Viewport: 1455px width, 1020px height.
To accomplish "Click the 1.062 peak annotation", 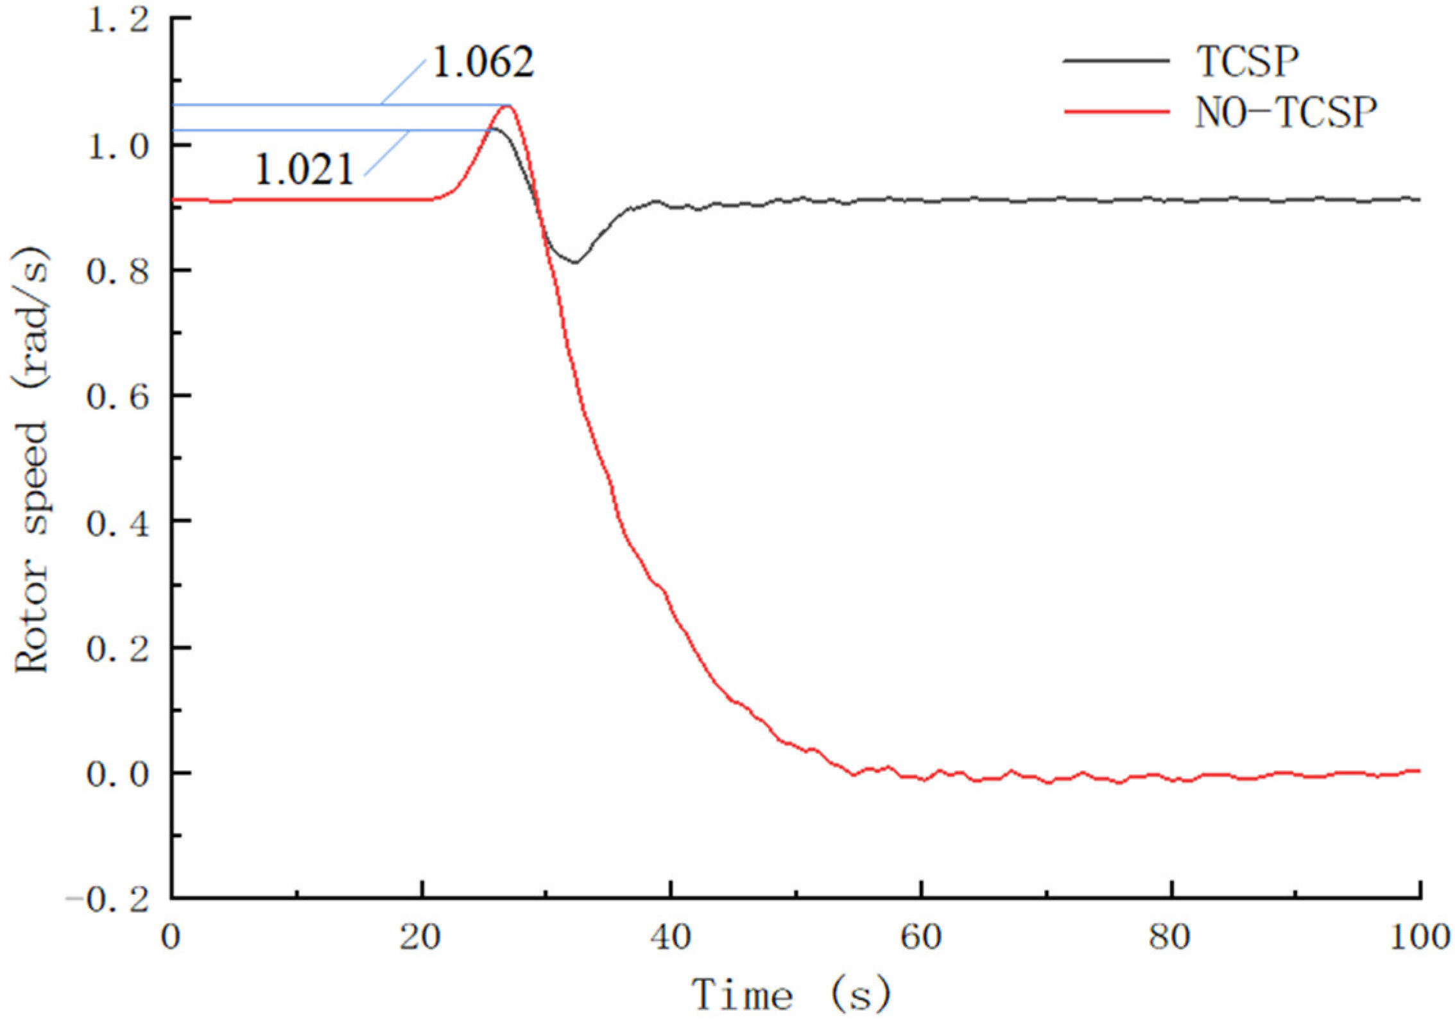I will [x=483, y=63].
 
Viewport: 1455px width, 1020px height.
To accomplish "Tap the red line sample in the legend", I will [x=1116, y=112].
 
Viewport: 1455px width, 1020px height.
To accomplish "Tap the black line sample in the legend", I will [x=1116, y=61].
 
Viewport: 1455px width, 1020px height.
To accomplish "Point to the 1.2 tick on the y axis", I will [x=118, y=21].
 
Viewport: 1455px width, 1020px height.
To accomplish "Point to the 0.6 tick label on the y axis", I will [x=118, y=396].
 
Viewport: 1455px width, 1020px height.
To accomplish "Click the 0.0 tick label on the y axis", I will [x=118, y=774].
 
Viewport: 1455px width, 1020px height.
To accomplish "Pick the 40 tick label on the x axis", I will [x=671, y=938].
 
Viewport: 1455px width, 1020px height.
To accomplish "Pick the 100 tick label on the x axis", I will [x=1420, y=938].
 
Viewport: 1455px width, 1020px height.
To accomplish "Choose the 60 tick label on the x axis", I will [x=921, y=938].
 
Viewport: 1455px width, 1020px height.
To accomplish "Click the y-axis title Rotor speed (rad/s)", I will [x=32, y=461].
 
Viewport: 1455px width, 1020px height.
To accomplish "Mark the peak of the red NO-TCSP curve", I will [x=507, y=106].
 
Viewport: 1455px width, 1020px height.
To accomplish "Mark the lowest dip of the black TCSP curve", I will [x=576, y=262].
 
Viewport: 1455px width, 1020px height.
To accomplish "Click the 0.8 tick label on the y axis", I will [x=118, y=271].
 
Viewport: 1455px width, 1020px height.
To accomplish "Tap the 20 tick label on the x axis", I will [x=420, y=938].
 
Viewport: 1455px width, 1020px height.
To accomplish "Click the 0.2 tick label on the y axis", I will [x=118, y=649].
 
